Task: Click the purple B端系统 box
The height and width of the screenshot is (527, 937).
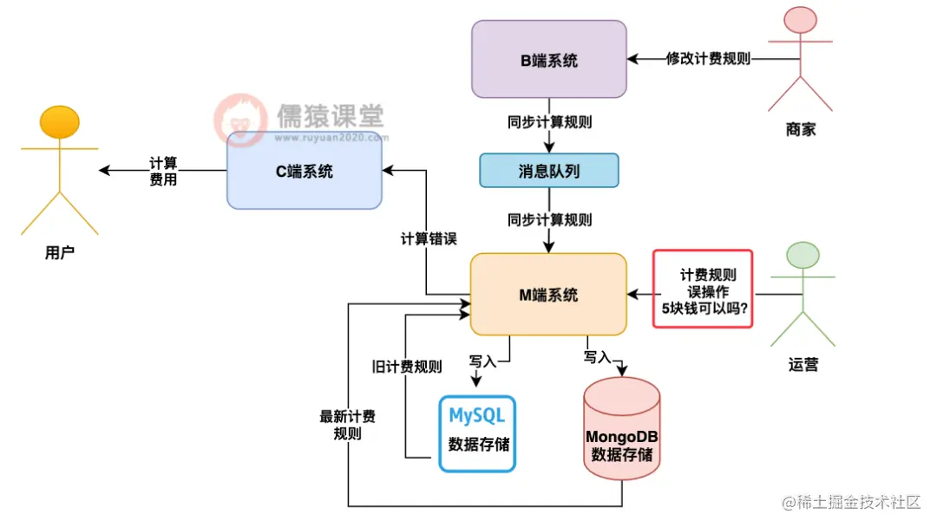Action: (x=548, y=59)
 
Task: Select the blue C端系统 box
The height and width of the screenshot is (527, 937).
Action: (x=304, y=171)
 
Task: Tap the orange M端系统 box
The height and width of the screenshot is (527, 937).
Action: (x=548, y=294)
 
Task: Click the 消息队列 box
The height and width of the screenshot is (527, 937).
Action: (x=548, y=171)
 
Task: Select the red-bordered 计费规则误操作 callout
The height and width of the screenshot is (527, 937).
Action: (x=702, y=289)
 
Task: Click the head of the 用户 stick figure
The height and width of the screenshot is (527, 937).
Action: (x=60, y=122)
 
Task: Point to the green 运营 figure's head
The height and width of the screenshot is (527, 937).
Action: (x=803, y=255)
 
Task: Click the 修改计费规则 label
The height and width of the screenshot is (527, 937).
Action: (x=708, y=59)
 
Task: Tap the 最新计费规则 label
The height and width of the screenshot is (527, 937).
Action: (x=347, y=425)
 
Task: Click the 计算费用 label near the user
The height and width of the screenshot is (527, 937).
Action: (x=163, y=171)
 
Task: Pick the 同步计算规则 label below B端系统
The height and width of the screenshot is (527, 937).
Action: (x=549, y=122)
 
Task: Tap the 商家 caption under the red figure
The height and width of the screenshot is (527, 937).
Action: (x=801, y=130)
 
